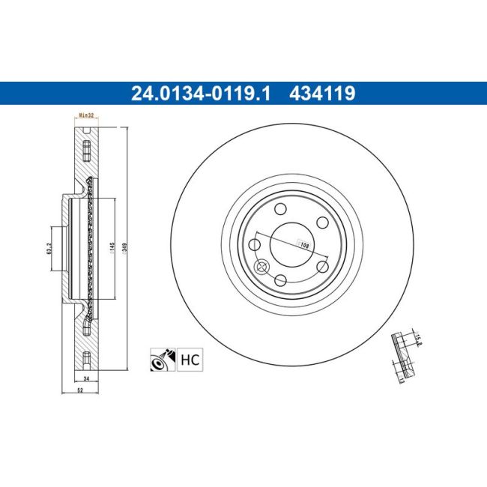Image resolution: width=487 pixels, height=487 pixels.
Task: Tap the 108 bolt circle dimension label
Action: click(x=304, y=245)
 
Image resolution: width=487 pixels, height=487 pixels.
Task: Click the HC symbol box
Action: click(x=191, y=360)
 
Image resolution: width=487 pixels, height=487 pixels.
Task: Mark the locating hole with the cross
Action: click(x=262, y=267)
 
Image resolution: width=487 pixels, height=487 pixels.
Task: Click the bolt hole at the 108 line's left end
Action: click(x=255, y=244)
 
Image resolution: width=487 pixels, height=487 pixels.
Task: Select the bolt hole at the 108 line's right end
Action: click(x=324, y=266)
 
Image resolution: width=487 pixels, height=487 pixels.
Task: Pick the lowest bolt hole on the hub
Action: click(x=281, y=280)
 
